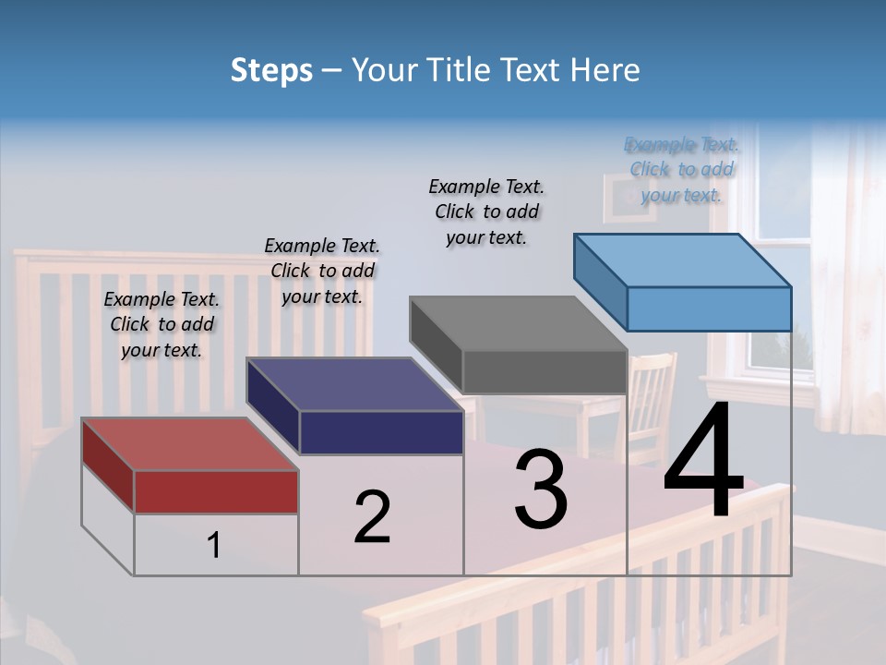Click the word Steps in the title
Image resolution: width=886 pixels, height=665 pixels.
[x=271, y=70]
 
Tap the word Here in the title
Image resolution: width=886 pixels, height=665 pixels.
[x=602, y=70]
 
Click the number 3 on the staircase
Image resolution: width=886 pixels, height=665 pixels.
[x=541, y=490]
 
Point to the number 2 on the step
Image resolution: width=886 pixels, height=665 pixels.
[x=372, y=517]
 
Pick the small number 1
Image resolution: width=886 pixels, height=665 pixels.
[x=214, y=546]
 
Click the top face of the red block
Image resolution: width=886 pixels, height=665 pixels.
[x=189, y=444]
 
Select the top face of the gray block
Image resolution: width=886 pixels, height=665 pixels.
[x=517, y=323]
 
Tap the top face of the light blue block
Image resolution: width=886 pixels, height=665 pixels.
[x=683, y=260]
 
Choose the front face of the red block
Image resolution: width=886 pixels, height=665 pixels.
[x=216, y=491]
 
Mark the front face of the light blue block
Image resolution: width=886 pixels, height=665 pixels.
[x=709, y=308]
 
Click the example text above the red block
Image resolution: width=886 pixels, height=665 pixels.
[x=162, y=324]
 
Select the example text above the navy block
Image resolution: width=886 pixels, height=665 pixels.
[x=322, y=271]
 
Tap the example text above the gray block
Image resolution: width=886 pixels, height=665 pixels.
[x=486, y=212]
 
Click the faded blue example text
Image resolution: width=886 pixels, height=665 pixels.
[x=681, y=169]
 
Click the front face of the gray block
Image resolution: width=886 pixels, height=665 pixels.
[x=545, y=372]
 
